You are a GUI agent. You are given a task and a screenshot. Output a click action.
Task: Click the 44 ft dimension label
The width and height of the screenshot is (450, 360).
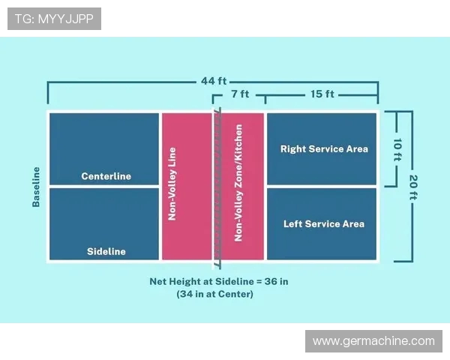click(x=214, y=81)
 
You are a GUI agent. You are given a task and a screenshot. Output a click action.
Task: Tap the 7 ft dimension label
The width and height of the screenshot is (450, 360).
click(x=240, y=94)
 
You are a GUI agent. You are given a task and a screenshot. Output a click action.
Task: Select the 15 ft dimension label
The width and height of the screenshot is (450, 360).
click(x=322, y=94)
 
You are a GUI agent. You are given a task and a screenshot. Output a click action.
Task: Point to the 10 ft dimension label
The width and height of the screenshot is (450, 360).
click(x=397, y=149)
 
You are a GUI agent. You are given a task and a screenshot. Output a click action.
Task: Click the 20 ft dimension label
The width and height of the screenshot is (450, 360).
click(x=413, y=187)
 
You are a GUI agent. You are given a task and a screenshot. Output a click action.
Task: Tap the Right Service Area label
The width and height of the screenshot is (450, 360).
click(x=324, y=149)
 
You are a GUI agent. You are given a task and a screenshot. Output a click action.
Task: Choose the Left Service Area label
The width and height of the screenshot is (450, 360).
click(x=324, y=224)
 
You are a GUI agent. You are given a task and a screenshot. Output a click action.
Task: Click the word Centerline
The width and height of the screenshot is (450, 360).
click(x=106, y=176)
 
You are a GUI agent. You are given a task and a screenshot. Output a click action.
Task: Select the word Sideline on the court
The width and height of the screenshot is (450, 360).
click(x=106, y=251)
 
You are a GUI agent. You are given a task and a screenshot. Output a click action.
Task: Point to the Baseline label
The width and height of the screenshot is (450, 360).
click(x=36, y=187)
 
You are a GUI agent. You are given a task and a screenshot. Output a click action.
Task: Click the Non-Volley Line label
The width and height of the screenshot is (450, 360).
click(x=172, y=184)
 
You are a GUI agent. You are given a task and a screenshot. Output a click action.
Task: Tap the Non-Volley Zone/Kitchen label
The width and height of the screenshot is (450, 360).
click(x=238, y=183)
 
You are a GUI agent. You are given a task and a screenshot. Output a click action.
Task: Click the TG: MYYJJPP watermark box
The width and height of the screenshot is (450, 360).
click(x=54, y=19)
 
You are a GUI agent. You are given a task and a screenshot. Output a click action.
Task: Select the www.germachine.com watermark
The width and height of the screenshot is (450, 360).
click(x=373, y=341)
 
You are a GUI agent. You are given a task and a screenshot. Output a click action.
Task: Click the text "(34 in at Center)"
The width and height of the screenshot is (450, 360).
click(x=215, y=294)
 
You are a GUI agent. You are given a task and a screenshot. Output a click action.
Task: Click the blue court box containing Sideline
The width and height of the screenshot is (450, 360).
click(x=104, y=224)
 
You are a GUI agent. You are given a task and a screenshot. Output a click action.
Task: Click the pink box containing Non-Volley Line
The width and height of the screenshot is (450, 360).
click(x=187, y=186)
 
